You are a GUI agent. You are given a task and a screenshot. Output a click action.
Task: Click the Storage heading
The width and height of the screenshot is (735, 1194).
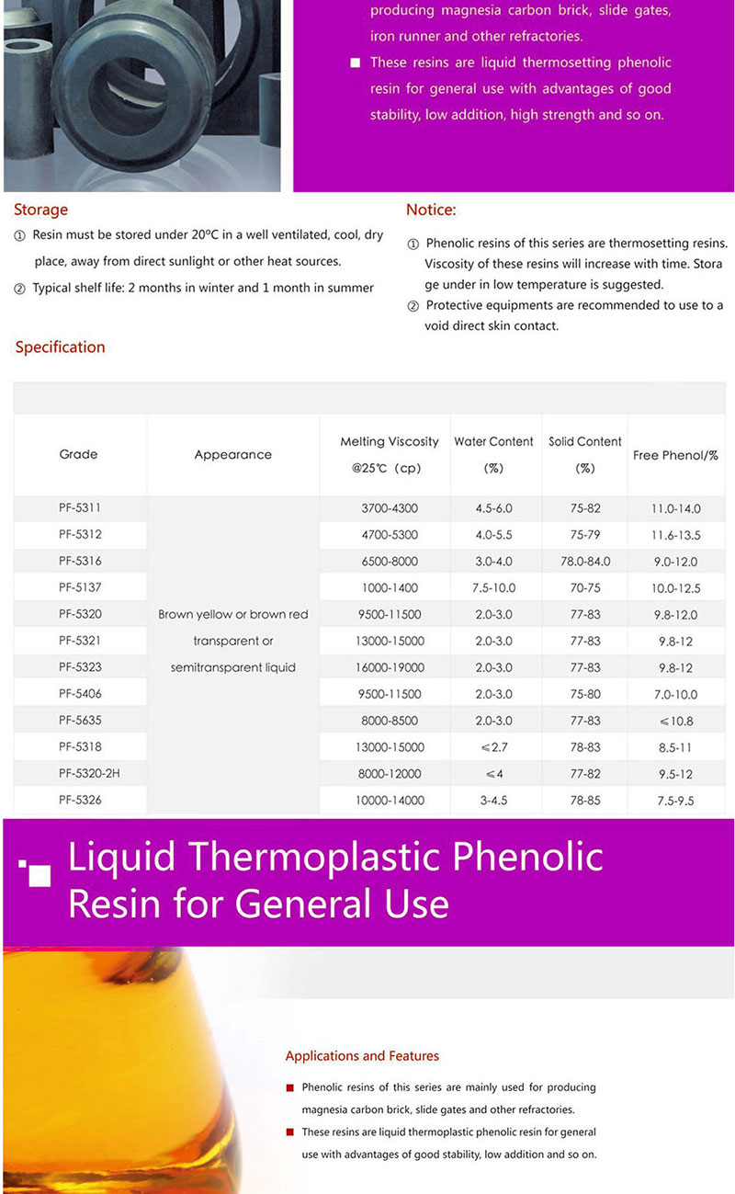point(40,210)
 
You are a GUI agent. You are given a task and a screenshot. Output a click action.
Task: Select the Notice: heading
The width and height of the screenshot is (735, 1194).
point(431,210)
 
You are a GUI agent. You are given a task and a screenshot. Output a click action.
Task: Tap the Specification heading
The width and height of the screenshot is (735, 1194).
point(60,347)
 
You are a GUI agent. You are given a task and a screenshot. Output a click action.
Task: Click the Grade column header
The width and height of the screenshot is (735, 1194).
point(78,454)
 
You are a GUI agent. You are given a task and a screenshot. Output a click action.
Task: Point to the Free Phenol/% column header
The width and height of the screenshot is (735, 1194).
point(675,455)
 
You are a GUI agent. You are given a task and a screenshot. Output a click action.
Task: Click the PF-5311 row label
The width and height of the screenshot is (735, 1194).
point(80,508)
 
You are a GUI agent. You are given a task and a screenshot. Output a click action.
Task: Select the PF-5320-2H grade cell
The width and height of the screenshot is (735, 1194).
point(89,774)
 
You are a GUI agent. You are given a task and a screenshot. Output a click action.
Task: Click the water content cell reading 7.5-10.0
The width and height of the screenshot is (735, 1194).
point(493,588)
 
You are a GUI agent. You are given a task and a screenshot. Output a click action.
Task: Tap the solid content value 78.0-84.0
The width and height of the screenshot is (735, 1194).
point(585,562)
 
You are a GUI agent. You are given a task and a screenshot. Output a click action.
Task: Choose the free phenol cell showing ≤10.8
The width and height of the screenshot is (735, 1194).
point(675,722)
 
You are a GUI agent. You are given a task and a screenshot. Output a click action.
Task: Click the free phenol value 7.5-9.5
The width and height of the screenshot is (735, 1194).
point(675,801)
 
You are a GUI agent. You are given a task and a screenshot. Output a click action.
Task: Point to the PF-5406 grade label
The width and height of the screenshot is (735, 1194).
point(80,694)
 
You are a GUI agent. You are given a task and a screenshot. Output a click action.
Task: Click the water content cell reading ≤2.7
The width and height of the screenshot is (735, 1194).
point(493,747)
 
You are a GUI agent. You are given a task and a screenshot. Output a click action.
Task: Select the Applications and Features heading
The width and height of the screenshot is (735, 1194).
point(362,1056)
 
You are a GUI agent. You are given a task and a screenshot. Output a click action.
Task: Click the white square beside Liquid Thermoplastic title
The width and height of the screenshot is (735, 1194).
point(40,876)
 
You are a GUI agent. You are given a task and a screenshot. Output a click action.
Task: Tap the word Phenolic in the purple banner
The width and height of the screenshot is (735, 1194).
point(529,858)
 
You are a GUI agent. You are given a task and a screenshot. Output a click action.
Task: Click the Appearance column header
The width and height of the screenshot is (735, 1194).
point(232,454)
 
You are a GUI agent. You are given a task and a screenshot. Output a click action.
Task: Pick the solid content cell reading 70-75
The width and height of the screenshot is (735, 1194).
point(585,588)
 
